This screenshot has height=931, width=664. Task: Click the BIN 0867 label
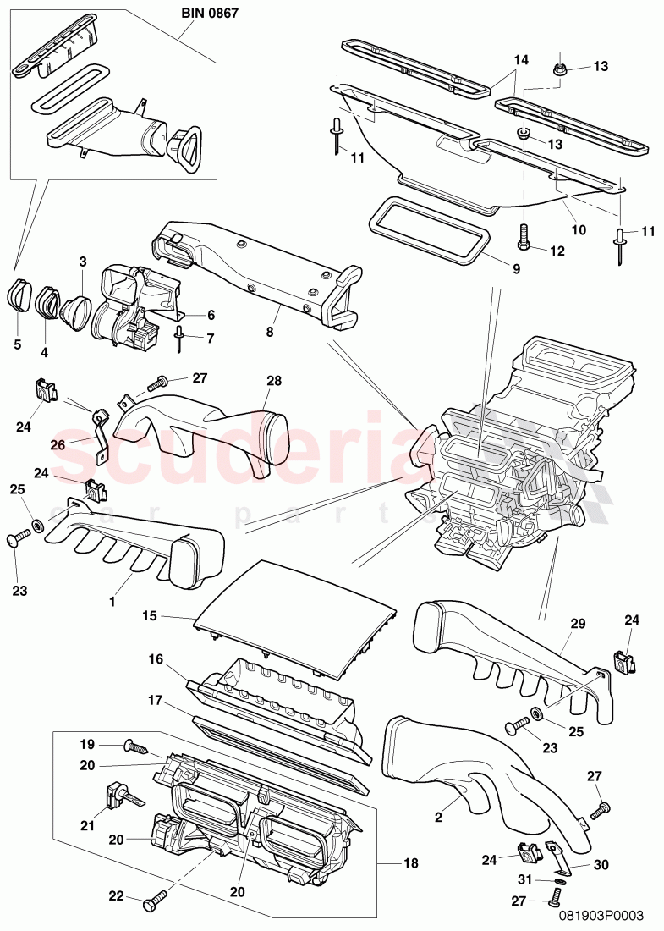click(209, 14)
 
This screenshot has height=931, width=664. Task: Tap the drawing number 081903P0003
click(601, 914)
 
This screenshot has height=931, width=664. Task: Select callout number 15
click(149, 617)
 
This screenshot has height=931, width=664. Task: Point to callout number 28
click(273, 382)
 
